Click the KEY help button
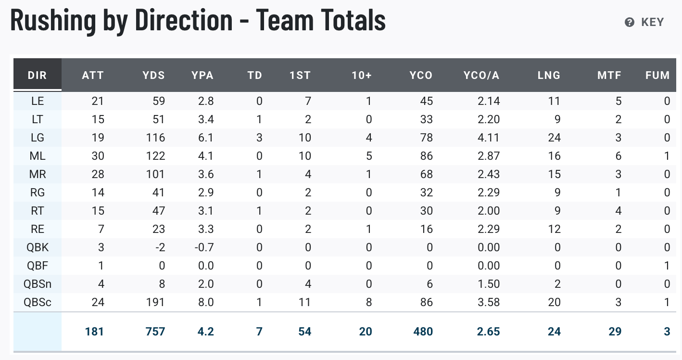[644, 22]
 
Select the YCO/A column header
[481, 75]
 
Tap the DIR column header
[38, 75]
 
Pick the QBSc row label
[38, 302]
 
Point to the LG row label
[38, 138]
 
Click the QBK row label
[38, 247]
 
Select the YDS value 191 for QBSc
[156, 302]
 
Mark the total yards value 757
[155, 332]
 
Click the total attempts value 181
[94, 332]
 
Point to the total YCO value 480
[423, 332]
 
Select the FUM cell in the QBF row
[667, 266]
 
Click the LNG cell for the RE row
[554, 229]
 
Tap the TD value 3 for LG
[259, 138]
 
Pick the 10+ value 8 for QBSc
[369, 302]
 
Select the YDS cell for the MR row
[156, 174]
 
